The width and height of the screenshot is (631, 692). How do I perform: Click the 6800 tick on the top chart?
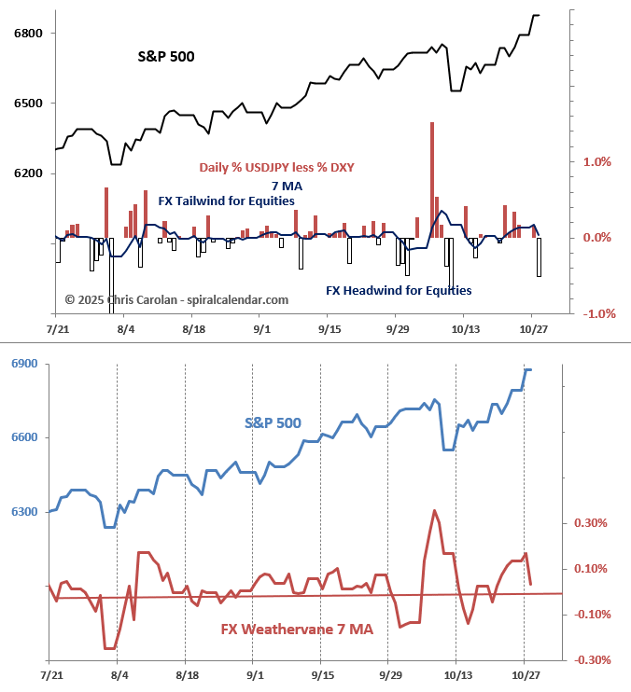coord(29,34)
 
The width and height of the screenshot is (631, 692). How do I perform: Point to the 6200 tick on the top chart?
coord(29,173)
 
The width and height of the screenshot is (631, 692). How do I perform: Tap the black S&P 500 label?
coord(166,56)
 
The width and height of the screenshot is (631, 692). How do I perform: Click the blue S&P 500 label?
coord(273,422)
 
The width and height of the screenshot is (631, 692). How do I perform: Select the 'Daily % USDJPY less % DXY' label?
coord(276,167)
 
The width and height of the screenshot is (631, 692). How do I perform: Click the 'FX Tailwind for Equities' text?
coord(227,201)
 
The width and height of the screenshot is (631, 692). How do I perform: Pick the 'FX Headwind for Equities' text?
coord(399,290)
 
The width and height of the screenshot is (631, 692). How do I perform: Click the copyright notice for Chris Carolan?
coord(176,299)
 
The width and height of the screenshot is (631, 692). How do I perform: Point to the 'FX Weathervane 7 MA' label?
coord(297,630)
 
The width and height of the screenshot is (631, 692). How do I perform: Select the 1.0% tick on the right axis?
coord(596,161)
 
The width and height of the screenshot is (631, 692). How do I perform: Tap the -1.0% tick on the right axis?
coord(596,313)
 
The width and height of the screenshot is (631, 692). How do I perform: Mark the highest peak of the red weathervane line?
coord(434,510)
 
